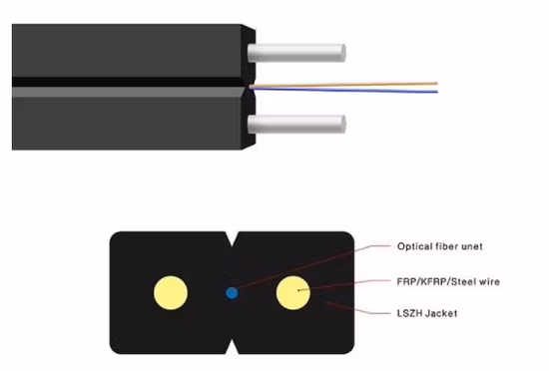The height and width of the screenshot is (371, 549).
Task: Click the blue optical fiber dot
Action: (232, 292)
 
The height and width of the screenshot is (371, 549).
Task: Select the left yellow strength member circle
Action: (170, 291)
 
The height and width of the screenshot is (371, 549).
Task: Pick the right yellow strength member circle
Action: (293, 292)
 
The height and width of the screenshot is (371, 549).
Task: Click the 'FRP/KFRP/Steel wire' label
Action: (447, 282)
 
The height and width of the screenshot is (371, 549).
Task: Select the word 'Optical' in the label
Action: (413, 246)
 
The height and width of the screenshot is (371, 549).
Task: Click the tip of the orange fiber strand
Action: (436, 83)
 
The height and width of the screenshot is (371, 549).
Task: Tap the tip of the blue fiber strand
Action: (436, 92)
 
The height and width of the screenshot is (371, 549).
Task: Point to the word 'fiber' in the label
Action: (445, 246)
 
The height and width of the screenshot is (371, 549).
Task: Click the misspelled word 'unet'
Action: (468, 246)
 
